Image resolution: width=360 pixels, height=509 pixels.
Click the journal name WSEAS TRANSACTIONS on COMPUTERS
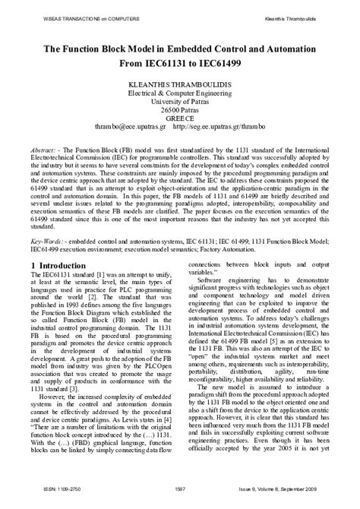(49, 11)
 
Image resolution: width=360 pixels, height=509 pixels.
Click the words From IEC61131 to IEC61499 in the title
(179, 64)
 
